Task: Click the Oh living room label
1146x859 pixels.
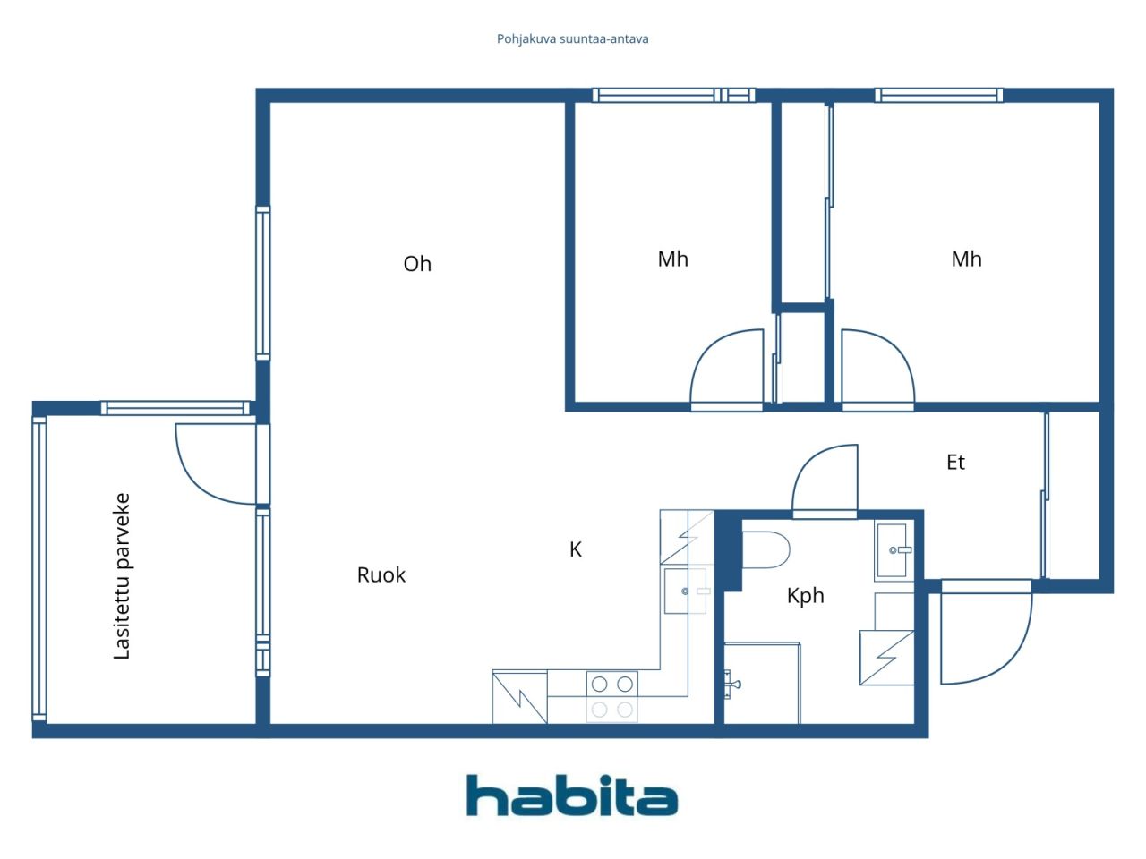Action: click(x=417, y=264)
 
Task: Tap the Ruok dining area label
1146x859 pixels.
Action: click(x=381, y=575)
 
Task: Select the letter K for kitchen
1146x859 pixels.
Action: click(x=576, y=549)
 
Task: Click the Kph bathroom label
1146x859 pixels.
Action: click(x=805, y=596)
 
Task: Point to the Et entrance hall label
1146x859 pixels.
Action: click(x=955, y=463)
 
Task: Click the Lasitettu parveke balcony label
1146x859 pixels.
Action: click(x=122, y=576)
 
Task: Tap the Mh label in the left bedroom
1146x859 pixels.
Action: click(x=673, y=259)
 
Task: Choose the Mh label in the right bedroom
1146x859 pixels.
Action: click(x=966, y=259)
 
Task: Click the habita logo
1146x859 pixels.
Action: click(x=572, y=795)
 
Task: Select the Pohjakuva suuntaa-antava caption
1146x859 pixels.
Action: click(x=573, y=39)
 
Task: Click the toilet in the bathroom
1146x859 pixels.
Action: click(x=765, y=550)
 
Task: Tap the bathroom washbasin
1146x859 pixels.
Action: click(x=894, y=549)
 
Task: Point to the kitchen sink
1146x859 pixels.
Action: click(x=686, y=591)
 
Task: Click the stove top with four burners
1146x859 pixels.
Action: click(x=612, y=696)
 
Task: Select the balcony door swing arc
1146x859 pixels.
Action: click(x=211, y=465)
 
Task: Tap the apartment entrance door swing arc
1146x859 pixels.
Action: click(x=985, y=635)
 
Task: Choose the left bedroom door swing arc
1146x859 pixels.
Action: click(x=725, y=369)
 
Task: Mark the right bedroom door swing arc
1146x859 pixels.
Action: click(x=877, y=369)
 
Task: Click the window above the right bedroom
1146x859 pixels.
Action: click(x=938, y=96)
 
